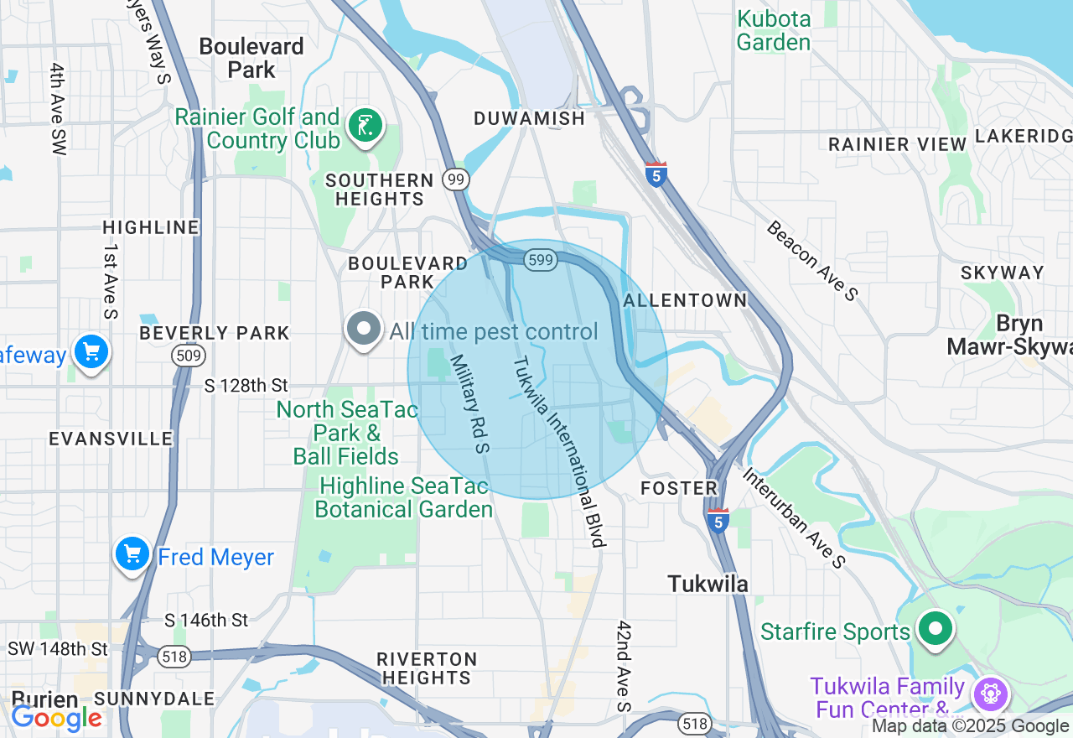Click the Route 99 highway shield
coord(456,179)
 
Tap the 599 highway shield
coord(541,260)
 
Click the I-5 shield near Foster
coord(718,520)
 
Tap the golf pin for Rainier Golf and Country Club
coord(365,127)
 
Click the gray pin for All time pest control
coord(364,330)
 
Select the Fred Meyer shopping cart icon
coord(132,554)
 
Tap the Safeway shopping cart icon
coord(91,351)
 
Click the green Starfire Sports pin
coord(935,629)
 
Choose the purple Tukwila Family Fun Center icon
coord(990,694)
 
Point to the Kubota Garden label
coord(774,30)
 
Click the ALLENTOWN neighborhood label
coord(685,300)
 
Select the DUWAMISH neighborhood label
coord(529,119)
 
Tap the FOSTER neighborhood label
coord(679,488)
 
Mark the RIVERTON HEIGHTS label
coord(427,668)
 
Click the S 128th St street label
coord(246,386)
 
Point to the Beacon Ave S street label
coord(811,260)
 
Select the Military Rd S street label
coord(469,403)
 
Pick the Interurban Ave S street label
coord(793,517)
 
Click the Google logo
coord(57,718)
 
